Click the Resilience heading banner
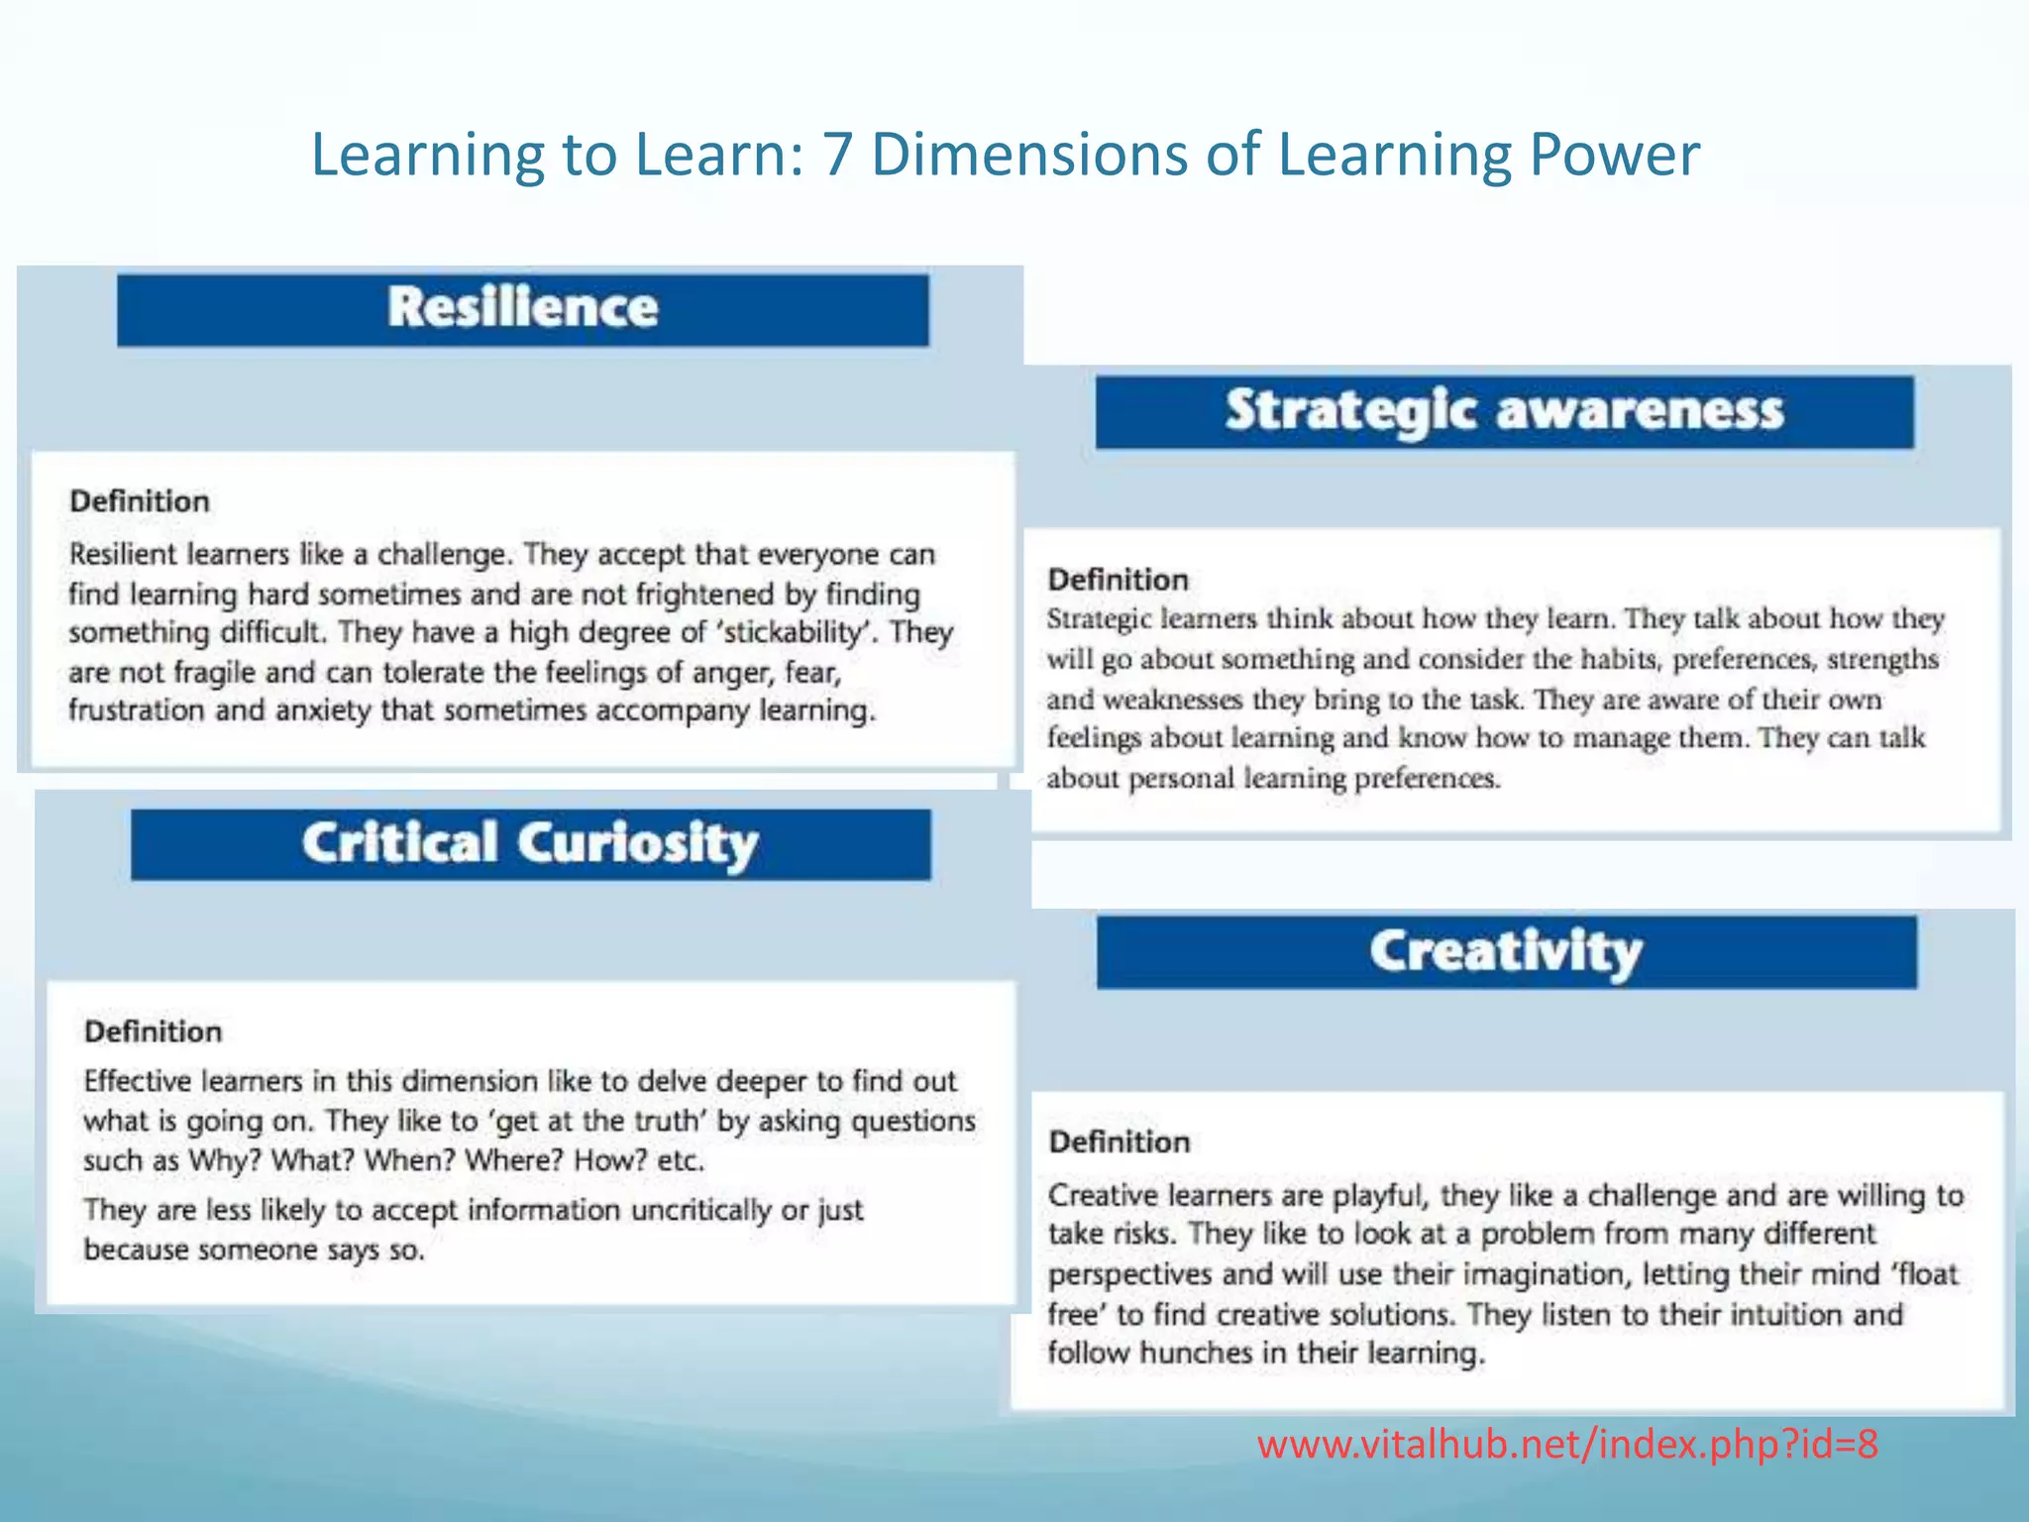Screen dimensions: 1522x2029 tap(522, 309)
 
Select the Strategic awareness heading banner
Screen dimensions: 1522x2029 tap(1504, 411)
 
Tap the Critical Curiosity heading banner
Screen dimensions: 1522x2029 tap(530, 844)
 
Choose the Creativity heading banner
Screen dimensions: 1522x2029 tap(1506, 951)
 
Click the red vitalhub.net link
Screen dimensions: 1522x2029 tap(1567, 1445)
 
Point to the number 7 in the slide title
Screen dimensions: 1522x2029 tap(836, 156)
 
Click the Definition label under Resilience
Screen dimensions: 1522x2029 tap(140, 501)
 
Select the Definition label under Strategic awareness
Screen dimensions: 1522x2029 tap(1118, 580)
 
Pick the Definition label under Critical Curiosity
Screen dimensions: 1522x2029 tap(154, 1032)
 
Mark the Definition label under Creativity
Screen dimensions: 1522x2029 tap(1120, 1141)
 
